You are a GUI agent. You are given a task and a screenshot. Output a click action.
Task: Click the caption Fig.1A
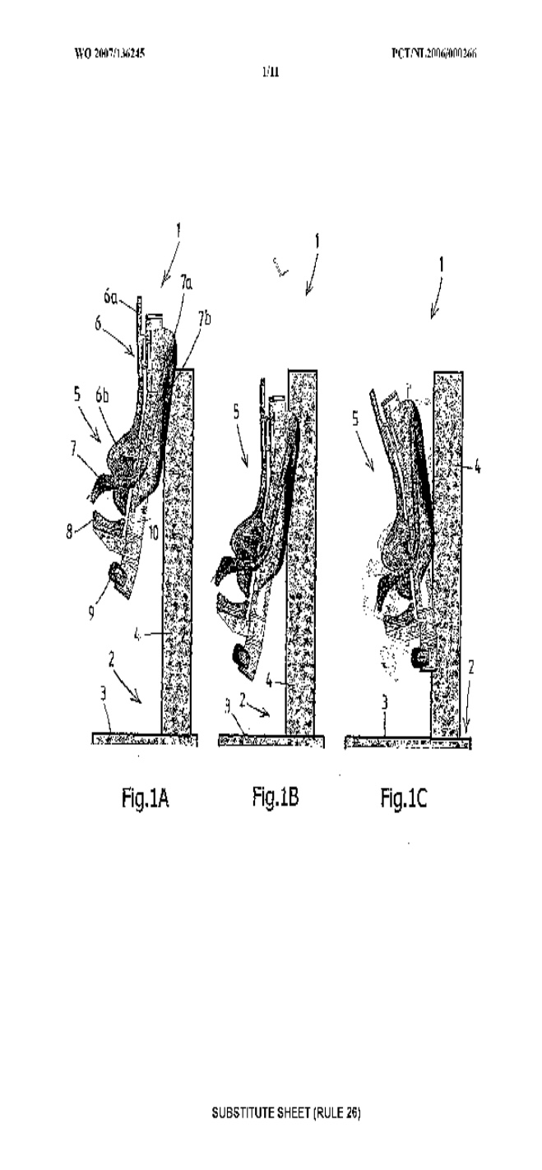pos(145,798)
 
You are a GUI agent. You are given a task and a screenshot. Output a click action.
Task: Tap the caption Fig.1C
pos(403,797)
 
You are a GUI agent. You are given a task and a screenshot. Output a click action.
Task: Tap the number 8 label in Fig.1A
pos(72,530)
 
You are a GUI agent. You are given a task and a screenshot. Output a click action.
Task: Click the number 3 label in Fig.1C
pos(385,701)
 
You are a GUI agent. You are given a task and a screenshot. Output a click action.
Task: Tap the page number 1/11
pos(269,72)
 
